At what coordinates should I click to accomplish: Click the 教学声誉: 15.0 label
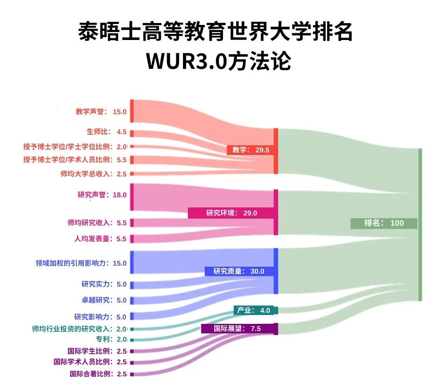101,112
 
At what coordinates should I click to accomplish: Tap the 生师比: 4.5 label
107,132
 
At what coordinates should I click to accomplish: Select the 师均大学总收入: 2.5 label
94,174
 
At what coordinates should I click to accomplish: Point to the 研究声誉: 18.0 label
102,195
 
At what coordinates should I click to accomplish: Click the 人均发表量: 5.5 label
100,239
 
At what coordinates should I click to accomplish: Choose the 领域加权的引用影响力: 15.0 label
81,263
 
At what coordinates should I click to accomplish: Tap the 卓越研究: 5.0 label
104,300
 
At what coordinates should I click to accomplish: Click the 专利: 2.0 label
111,339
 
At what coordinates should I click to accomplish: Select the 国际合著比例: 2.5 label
98,374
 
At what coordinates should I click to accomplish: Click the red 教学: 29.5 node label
251,150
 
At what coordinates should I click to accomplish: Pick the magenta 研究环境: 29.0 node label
231,213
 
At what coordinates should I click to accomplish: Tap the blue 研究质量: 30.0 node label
239,271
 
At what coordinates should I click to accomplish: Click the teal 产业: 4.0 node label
254,310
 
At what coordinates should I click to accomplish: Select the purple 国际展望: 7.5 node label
237,329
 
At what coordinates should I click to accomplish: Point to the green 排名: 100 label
384,223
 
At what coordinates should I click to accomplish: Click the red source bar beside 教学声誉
131,111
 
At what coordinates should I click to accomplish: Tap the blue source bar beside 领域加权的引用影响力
131,262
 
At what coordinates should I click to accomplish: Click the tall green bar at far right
420,225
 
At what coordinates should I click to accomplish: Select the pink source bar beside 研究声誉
131,197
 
